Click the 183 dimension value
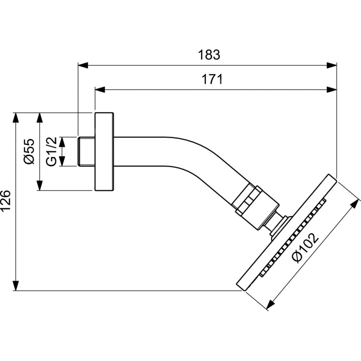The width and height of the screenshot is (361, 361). point(209,55)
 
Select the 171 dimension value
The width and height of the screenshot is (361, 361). point(212,79)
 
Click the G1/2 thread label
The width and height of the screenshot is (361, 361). point(51,152)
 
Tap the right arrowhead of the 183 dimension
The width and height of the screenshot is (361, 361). point(332,65)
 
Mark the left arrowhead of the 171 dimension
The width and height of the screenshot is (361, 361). point(100,90)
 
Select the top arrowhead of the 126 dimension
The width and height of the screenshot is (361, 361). point(16,118)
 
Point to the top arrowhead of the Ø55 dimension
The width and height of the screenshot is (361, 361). point(40,118)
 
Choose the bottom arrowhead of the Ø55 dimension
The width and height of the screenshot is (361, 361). point(40,186)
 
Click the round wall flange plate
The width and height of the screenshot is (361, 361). point(104,152)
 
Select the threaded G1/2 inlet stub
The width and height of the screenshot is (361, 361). point(86,152)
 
